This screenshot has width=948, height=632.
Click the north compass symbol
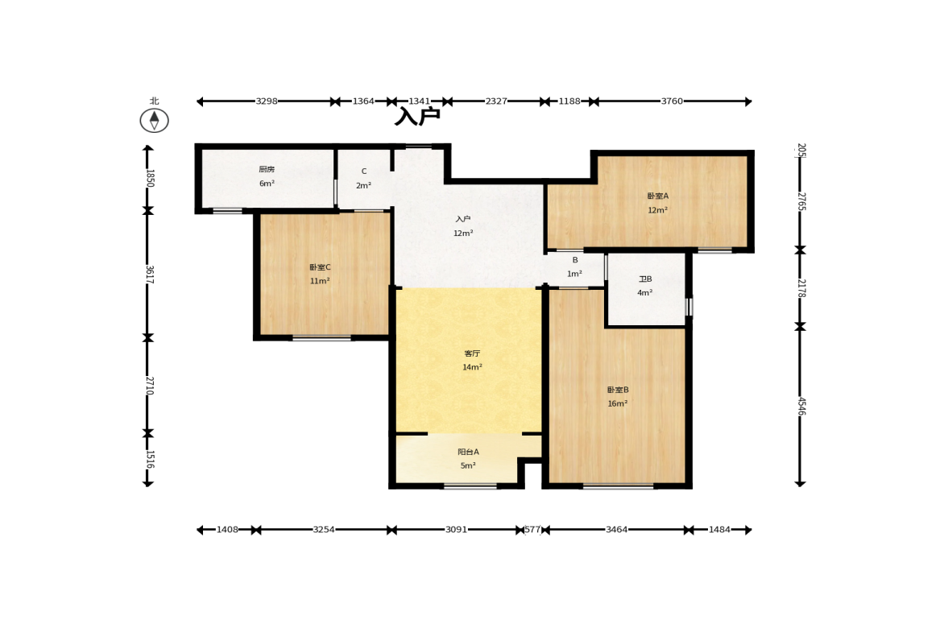click(154, 120)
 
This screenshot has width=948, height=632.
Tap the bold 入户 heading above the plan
click(417, 115)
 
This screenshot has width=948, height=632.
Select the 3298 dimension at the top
click(266, 101)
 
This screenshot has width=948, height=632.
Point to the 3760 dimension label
click(672, 101)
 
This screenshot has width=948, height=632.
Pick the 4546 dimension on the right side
click(801, 406)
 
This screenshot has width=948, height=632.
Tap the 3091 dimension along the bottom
click(456, 530)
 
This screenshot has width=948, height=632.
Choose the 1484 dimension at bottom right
click(719, 530)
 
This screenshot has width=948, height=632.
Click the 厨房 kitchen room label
click(267, 170)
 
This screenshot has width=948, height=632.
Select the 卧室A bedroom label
click(658, 196)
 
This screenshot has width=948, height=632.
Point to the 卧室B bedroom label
click(618, 390)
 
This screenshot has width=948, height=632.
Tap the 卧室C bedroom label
click(320, 267)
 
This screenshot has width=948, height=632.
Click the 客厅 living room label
click(472, 353)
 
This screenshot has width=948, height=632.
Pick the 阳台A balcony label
click(468, 452)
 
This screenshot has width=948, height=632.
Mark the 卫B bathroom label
click(645, 279)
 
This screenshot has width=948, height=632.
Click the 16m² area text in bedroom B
click(617, 403)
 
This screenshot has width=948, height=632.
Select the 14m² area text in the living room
click(472, 367)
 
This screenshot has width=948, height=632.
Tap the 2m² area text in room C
click(363, 185)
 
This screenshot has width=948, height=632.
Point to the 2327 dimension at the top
click(496, 101)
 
